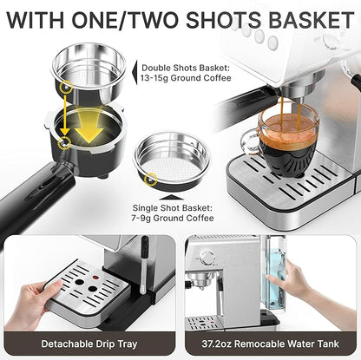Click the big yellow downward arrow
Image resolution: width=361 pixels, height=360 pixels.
click(89, 124)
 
